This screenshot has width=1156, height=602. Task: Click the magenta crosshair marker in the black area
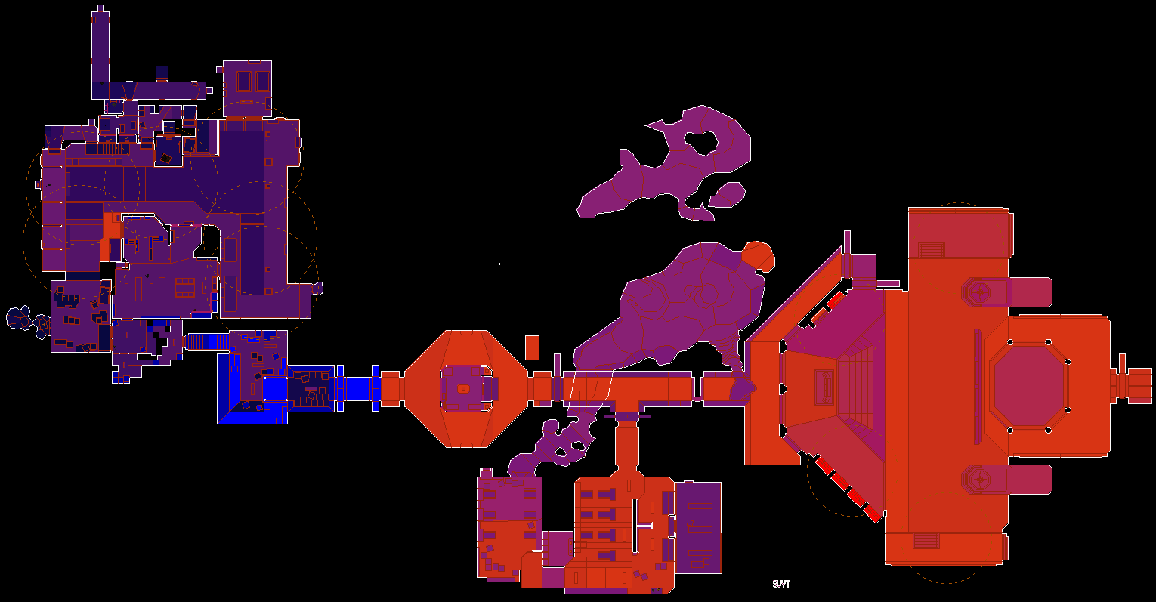click(499, 264)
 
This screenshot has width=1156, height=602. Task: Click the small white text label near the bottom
click(781, 584)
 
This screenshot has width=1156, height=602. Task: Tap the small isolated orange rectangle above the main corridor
click(532, 347)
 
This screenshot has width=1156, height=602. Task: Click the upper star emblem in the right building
click(981, 292)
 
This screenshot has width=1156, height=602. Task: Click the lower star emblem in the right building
click(981, 479)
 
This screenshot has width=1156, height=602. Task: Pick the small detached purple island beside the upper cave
click(728, 195)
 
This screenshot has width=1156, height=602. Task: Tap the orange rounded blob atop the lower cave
click(758, 256)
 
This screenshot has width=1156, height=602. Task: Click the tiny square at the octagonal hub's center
click(463, 389)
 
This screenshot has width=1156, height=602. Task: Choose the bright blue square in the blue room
click(275, 388)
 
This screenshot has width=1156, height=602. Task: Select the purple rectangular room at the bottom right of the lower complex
click(698, 527)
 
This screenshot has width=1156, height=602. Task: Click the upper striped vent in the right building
click(931, 250)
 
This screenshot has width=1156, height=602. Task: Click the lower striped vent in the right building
click(926, 541)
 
